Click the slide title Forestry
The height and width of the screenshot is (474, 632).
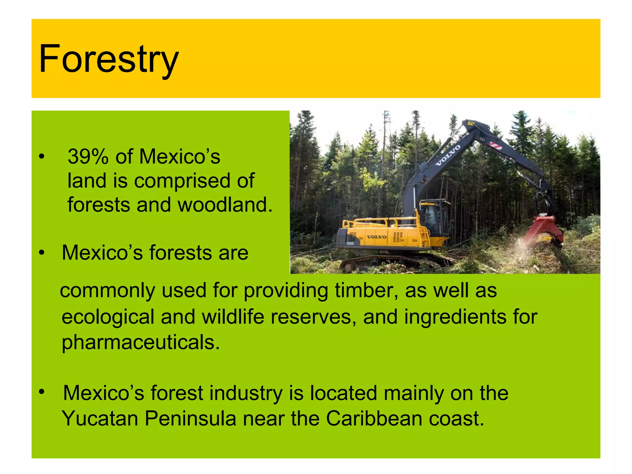tap(109, 59)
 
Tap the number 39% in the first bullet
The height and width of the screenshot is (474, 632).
tap(88, 156)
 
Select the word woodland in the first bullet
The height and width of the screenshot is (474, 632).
tap(225, 205)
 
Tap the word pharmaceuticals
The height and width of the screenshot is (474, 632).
tap(140, 343)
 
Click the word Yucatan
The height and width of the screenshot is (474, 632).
tap(100, 419)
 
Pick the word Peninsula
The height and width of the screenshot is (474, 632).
tap(190, 419)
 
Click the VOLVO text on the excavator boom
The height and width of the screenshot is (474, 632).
tap(447, 155)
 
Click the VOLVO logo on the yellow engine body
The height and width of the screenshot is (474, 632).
tap(376, 237)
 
